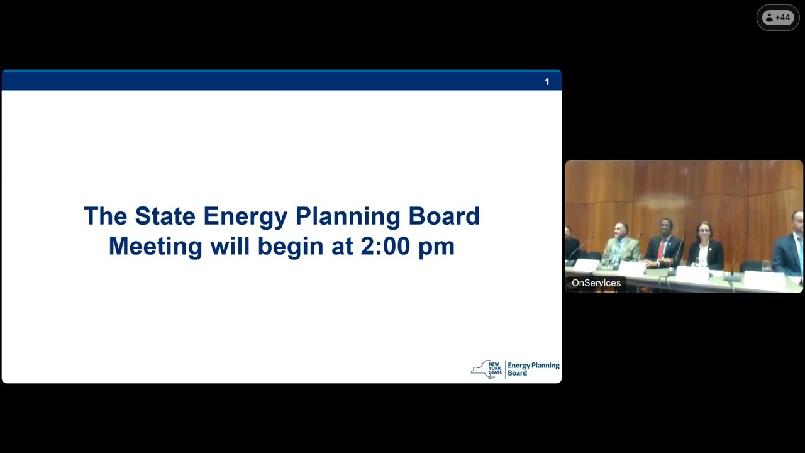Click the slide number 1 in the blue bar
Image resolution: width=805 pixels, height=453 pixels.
pyautogui.click(x=547, y=81)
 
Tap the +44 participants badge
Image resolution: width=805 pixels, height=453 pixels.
pyautogui.click(x=778, y=18)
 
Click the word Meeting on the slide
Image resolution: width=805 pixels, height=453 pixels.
pyautogui.click(x=155, y=245)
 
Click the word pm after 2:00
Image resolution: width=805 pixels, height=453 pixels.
pyautogui.click(x=436, y=247)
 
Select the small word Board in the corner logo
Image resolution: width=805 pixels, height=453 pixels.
pyautogui.click(x=517, y=373)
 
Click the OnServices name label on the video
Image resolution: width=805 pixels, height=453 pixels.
pyautogui.click(x=596, y=283)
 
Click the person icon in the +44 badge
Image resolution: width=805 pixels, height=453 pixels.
pyautogui.click(x=769, y=18)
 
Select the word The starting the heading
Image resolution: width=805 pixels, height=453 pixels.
pyautogui.click(x=105, y=216)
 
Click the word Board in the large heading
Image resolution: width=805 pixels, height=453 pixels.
pyautogui.click(x=443, y=216)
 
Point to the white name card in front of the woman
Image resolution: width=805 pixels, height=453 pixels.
pyautogui.click(x=692, y=274)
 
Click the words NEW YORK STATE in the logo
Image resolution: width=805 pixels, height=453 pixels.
pyautogui.click(x=495, y=368)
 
